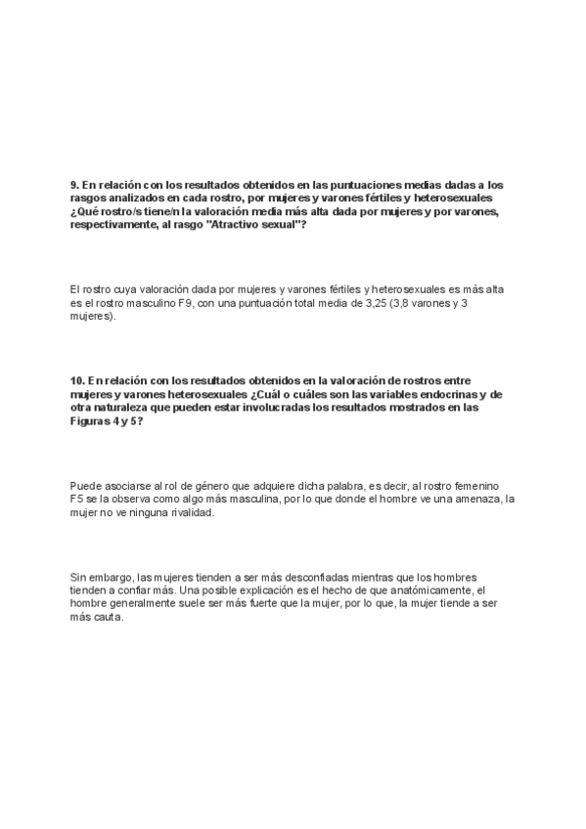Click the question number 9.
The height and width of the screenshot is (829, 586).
(74, 185)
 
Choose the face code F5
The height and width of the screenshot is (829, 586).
(78, 500)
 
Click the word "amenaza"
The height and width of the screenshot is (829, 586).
(478, 500)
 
